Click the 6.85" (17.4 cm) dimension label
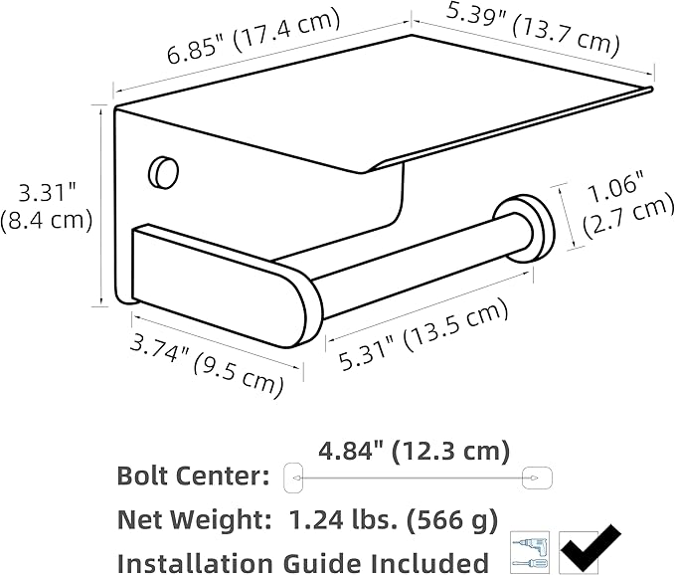253,37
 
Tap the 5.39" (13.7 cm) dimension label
533,28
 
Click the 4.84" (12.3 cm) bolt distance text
414,452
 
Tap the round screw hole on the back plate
163,172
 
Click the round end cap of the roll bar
524,229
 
